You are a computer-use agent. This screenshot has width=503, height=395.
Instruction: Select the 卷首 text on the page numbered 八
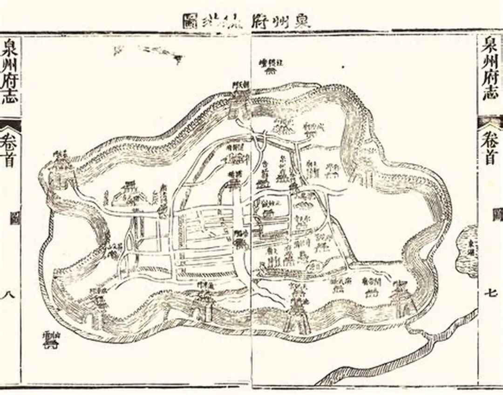click(x=10, y=149)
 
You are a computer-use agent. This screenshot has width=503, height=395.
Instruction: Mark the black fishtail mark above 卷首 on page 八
click(x=10, y=125)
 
